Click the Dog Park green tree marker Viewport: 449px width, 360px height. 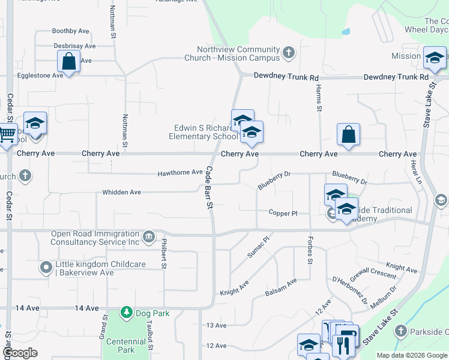coord(126,313)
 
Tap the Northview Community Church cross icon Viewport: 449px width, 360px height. coord(288,53)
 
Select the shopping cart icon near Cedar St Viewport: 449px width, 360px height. coord(6,134)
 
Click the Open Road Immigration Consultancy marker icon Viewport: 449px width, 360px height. coord(148,238)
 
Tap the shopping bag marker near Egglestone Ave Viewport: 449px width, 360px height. coord(69,61)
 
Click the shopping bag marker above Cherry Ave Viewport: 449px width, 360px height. coord(348,134)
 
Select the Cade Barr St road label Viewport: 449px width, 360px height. coord(210,187)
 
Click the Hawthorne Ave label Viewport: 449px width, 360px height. coord(180,173)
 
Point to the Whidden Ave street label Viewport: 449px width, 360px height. coord(121,192)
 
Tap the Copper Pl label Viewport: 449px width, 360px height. coord(283,213)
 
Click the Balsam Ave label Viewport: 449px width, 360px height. coord(281,287)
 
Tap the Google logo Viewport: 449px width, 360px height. coord(20,353)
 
